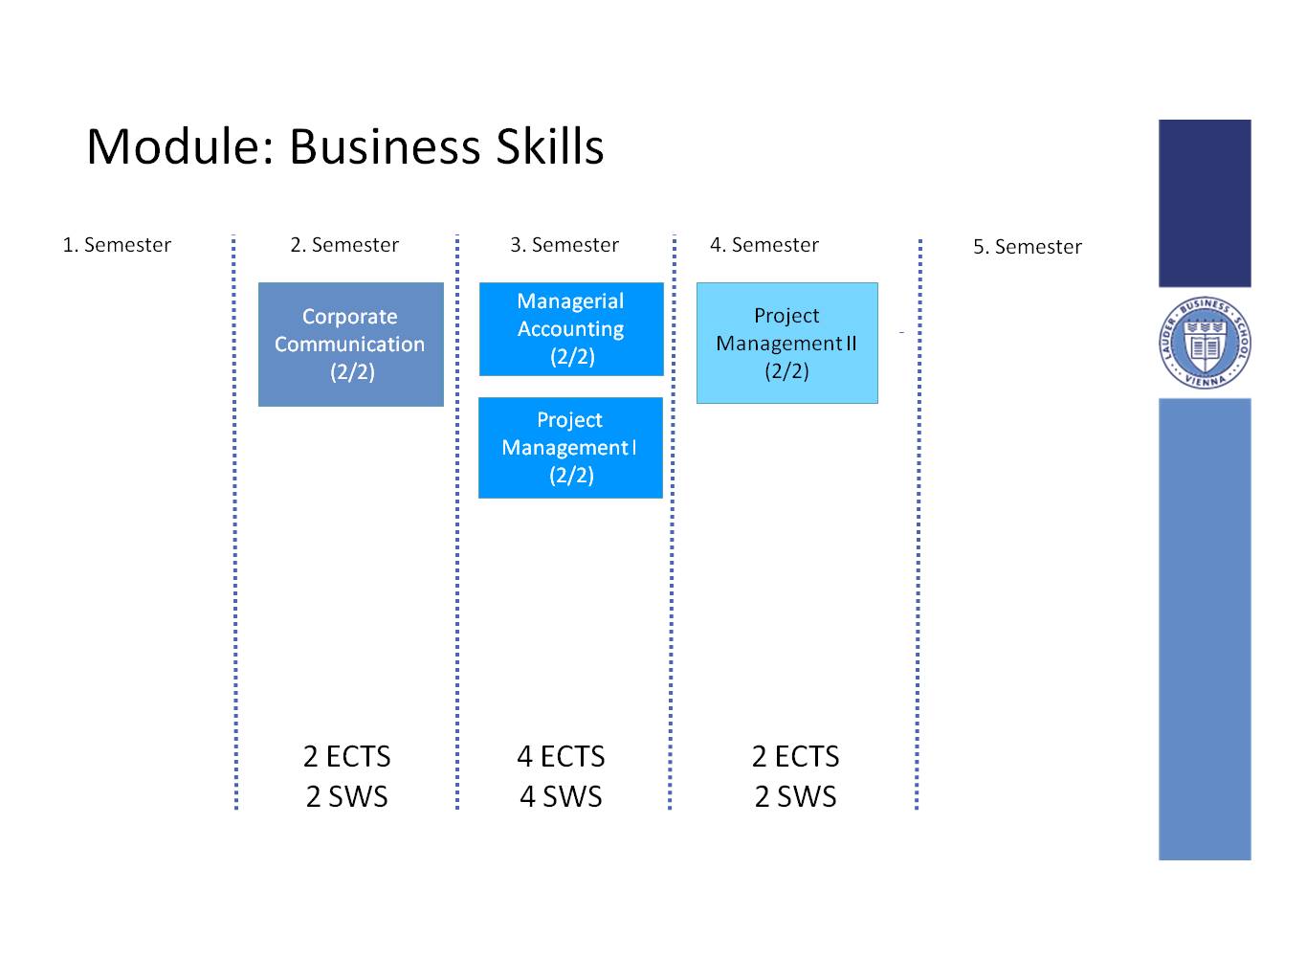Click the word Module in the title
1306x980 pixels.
[x=180, y=146]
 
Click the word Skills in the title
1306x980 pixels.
[x=550, y=146]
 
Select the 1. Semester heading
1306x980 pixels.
[x=117, y=245]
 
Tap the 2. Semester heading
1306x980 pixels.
[x=343, y=245]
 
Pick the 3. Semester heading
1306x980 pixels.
[x=564, y=245]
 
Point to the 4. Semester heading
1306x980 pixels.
[x=764, y=245]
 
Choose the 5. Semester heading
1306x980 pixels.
[x=1027, y=246]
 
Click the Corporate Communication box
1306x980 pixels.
[x=350, y=344]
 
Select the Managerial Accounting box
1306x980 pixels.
[x=570, y=328]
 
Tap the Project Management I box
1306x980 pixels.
[x=570, y=448]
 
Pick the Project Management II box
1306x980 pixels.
[x=786, y=343]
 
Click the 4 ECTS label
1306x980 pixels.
[x=561, y=756]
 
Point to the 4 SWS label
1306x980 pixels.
[x=561, y=796]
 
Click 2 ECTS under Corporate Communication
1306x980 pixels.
[x=346, y=756]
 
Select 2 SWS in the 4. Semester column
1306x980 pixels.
[x=795, y=796]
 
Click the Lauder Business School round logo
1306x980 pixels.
[x=1205, y=343]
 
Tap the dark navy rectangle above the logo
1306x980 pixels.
[x=1205, y=203]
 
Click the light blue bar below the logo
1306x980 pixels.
[x=1205, y=629]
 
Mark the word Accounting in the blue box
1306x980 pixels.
[x=570, y=329]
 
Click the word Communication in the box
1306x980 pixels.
[x=349, y=344]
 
